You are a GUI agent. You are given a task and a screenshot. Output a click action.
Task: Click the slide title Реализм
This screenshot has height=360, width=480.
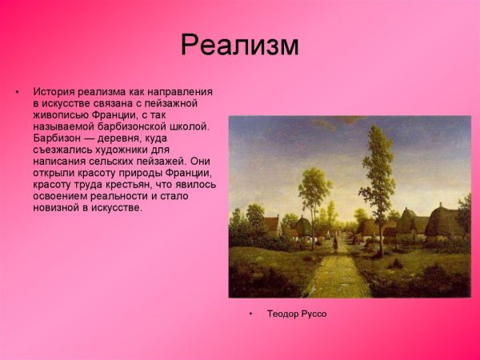(x=240, y=45)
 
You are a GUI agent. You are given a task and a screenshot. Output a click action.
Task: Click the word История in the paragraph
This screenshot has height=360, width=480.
(x=54, y=92)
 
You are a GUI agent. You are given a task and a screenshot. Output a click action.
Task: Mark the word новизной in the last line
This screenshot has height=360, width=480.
(x=58, y=207)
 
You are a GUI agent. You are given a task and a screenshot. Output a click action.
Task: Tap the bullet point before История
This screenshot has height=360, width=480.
(x=16, y=92)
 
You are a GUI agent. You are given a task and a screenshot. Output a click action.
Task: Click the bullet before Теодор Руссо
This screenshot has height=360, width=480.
(x=250, y=314)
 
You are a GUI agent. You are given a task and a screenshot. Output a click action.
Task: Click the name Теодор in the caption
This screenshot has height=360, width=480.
(x=282, y=314)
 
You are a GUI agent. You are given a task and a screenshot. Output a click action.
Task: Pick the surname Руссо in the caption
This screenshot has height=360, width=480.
(x=314, y=314)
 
